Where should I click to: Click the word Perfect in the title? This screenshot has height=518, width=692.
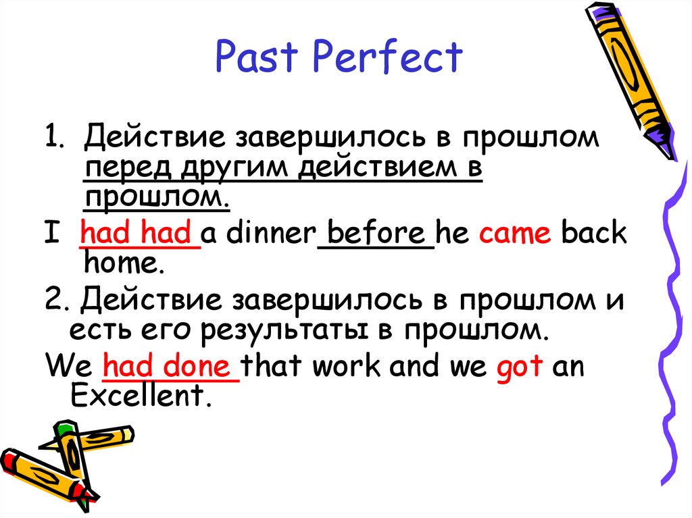click(387, 57)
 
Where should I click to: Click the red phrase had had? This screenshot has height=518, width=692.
click(140, 234)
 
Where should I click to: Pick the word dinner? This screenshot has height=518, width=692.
click(271, 234)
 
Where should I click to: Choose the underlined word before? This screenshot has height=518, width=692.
click(375, 234)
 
